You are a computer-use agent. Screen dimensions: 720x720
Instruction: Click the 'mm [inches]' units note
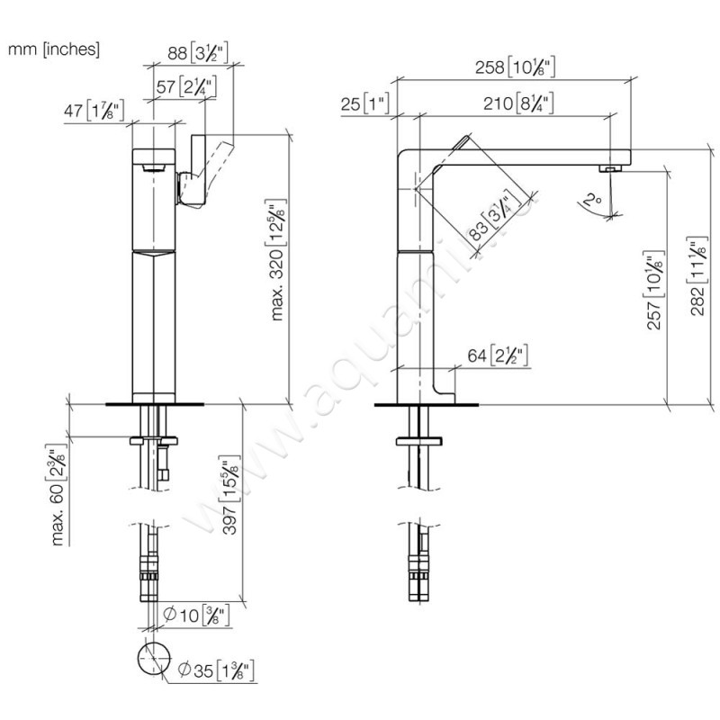(54, 49)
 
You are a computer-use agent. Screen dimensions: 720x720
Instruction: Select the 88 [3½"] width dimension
(198, 53)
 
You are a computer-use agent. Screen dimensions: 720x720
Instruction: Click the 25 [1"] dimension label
(364, 104)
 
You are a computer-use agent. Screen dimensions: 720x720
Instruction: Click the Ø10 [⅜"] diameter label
(196, 616)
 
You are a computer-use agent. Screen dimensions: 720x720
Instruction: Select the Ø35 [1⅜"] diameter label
(217, 669)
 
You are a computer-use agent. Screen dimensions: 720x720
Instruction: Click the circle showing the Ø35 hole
(152, 659)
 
